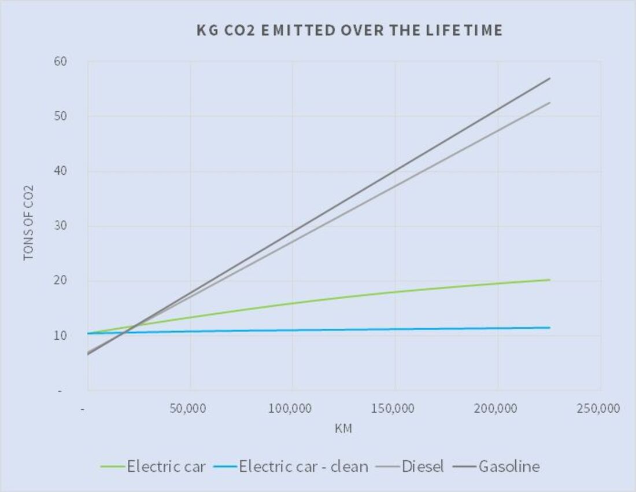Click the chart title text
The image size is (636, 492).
349,31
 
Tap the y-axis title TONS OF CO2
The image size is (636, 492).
28,223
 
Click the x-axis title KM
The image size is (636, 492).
343,429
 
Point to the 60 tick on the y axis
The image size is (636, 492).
61,61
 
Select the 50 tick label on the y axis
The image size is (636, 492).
61,116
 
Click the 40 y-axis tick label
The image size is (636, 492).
61,171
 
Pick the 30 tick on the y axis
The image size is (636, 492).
61,226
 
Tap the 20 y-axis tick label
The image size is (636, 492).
61,281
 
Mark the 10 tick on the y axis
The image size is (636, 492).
61,336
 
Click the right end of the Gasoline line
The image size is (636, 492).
549,78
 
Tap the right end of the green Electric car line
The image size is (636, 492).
549,280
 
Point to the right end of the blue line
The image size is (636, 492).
549,328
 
